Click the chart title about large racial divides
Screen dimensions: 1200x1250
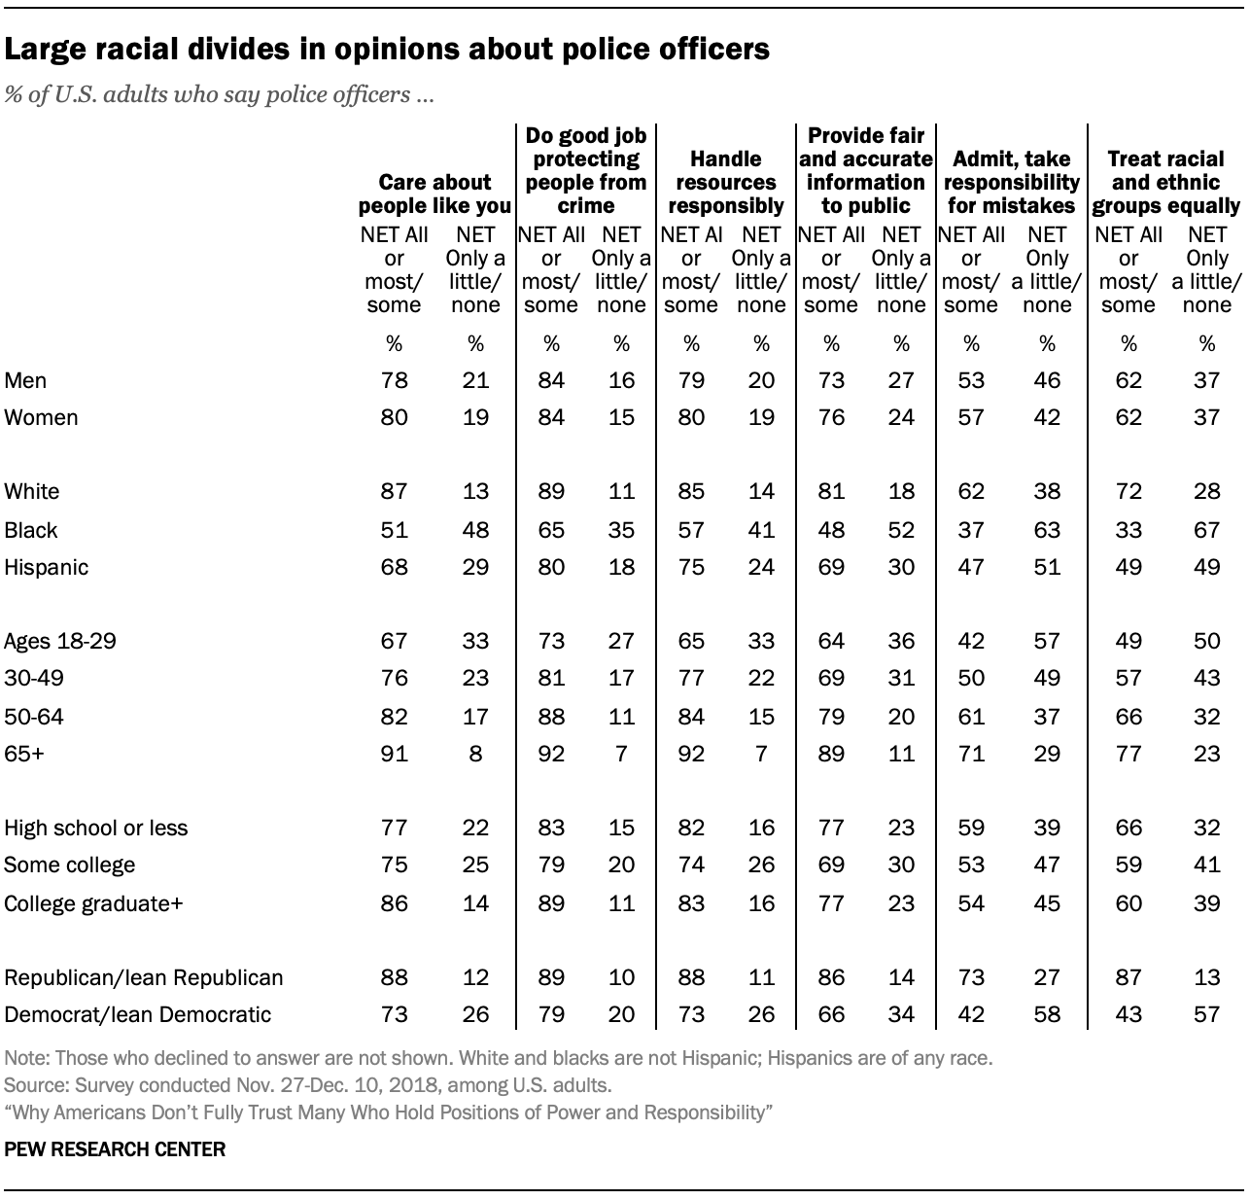tap(387, 50)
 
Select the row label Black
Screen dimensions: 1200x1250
tap(31, 530)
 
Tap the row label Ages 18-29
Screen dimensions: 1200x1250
tap(60, 642)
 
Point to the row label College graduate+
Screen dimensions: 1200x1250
tap(94, 903)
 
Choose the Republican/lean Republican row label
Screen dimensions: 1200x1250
tap(144, 977)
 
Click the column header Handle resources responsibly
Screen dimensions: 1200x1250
tap(726, 182)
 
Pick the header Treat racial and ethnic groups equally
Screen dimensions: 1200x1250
tap(1166, 182)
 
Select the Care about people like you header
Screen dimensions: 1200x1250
tap(434, 194)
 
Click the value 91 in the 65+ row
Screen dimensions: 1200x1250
tap(394, 754)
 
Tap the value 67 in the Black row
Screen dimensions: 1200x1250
tap(1206, 530)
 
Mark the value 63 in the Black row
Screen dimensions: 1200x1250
tap(1047, 530)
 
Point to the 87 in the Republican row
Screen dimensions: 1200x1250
tap(1128, 977)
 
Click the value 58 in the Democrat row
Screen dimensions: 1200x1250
tap(1047, 1014)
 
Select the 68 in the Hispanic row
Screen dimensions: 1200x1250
tap(394, 567)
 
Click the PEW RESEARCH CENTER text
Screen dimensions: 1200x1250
tap(115, 1149)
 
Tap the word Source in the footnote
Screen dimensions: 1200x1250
tap(31, 1084)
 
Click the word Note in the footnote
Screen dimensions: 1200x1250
tap(23, 1058)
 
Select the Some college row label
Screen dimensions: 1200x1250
tap(70, 865)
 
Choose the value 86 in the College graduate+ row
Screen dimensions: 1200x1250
tap(394, 903)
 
